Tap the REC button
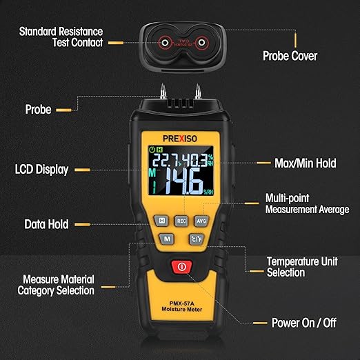click(x=181, y=221)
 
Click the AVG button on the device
click(x=201, y=221)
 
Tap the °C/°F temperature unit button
click(x=195, y=239)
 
